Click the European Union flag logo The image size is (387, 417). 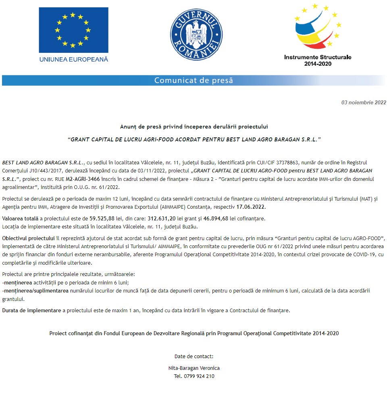(73, 30)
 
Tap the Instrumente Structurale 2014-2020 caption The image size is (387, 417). (318, 60)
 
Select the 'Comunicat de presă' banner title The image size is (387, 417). (193, 80)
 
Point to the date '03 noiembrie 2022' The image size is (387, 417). (364, 102)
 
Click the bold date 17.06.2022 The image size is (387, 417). (251, 207)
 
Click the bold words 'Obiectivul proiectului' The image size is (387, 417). (28, 238)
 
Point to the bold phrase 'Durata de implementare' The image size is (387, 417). (31, 311)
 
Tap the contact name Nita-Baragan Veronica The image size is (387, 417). (194, 368)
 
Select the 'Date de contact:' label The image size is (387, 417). (194, 356)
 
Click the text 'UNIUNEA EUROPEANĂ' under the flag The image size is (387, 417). (73, 59)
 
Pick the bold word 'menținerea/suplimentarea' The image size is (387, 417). (35, 290)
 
